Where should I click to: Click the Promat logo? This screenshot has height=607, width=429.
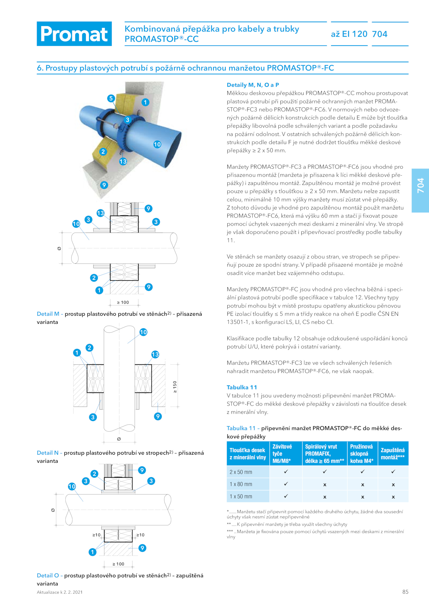(74, 34)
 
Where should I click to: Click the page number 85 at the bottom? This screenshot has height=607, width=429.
(405, 592)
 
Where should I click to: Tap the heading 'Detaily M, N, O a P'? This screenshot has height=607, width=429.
(253, 85)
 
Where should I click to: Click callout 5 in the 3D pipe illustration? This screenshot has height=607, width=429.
(111, 98)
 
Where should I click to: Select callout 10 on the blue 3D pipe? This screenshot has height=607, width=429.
(157, 144)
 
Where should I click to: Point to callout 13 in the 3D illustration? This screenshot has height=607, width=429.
(123, 161)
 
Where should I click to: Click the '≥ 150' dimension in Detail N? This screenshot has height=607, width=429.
(175, 387)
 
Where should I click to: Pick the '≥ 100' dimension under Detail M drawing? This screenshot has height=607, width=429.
(123, 302)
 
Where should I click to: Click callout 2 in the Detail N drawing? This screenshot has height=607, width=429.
(90, 348)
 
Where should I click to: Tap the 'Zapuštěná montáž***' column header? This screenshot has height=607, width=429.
(393, 454)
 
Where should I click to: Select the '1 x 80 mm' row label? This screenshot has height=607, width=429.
(241, 484)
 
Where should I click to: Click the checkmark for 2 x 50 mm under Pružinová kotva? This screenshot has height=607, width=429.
(363, 472)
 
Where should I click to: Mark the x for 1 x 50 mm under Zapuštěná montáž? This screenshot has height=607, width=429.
(393, 497)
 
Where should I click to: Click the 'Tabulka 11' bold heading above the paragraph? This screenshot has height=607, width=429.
(242, 387)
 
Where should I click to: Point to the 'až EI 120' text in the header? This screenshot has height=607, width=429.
(349, 34)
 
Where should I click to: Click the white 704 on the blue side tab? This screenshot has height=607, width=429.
(420, 185)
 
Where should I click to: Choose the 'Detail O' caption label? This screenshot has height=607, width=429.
(48, 575)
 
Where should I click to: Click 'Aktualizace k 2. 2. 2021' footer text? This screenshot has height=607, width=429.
(60, 592)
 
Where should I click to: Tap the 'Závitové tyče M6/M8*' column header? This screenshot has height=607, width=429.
(282, 454)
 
